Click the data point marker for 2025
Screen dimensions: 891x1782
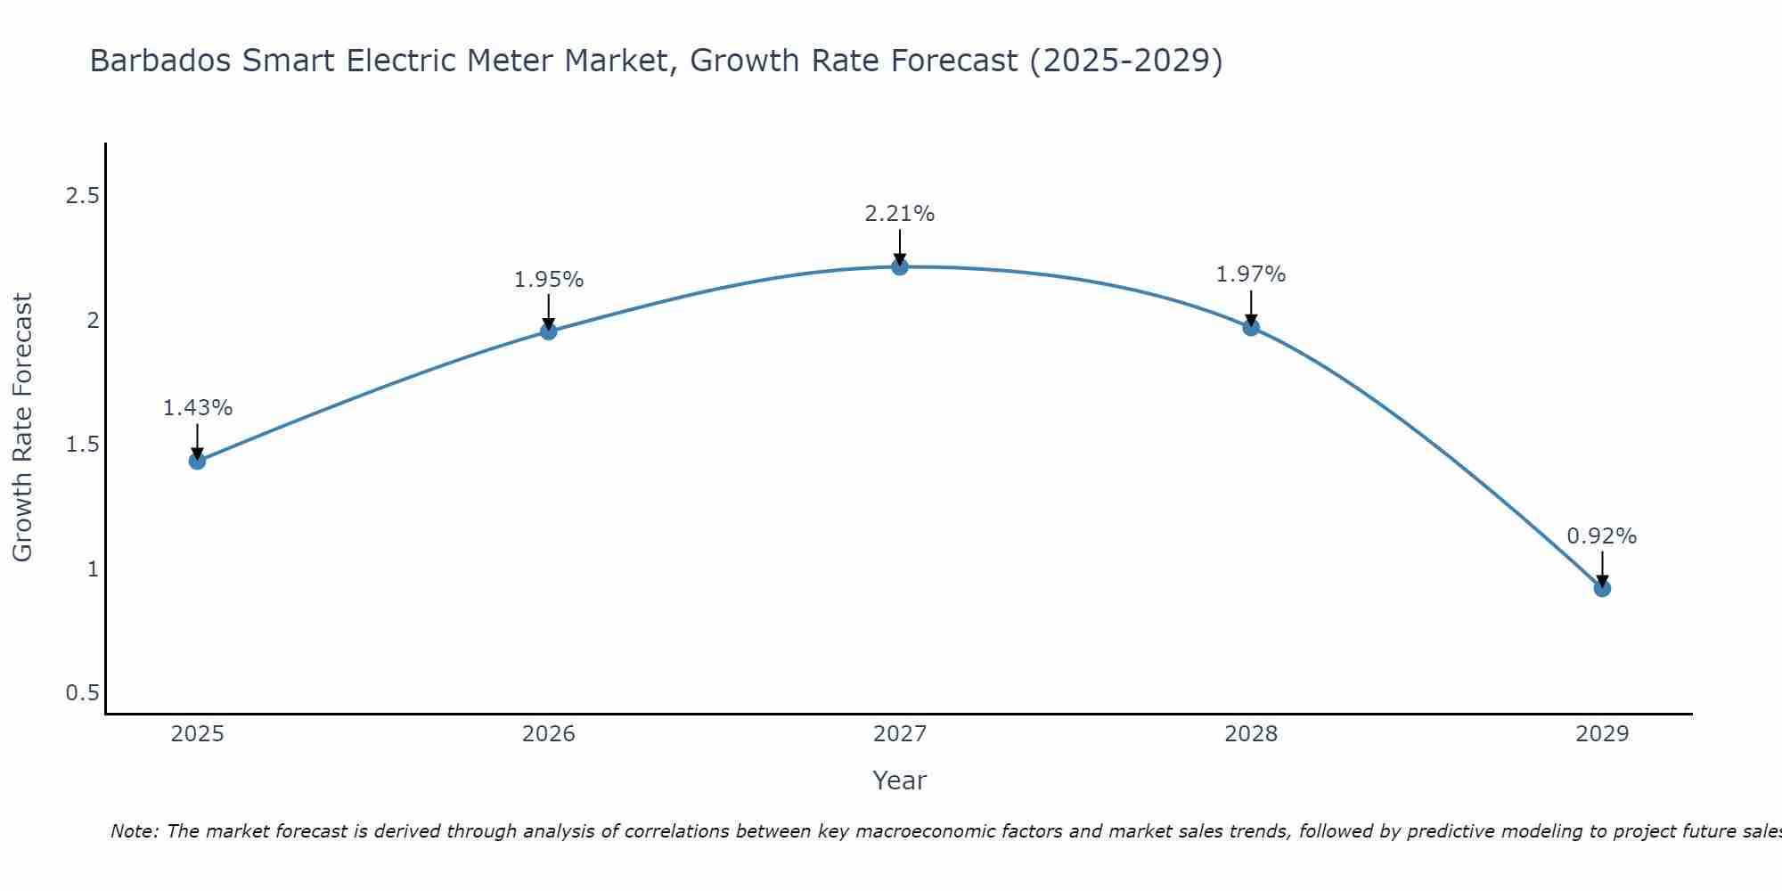pyautogui.click(x=198, y=461)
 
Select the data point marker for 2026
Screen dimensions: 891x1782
pyautogui.click(x=549, y=331)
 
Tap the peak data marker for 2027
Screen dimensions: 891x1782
pyautogui.click(x=900, y=266)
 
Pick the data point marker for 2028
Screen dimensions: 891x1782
pyautogui.click(x=1251, y=327)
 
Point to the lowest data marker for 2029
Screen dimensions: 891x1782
pyautogui.click(x=1602, y=588)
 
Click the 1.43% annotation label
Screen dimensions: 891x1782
pyautogui.click(x=198, y=408)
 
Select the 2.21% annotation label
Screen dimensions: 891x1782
pyautogui.click(x=900, y=214)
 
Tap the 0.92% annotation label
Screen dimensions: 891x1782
pyautogui.click(x=1602, y=536)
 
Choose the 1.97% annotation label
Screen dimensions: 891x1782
pyautogui.click(x=1251, y=274)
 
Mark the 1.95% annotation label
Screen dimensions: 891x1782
pyautogui.click(x=549, y=280)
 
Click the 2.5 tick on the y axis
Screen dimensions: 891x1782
pyautogui.click(x=82, y=196)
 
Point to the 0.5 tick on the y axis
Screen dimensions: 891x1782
pyautogui.click(x=82, y=693)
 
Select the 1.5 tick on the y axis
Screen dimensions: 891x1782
pyautogui.click(x=82, y=445)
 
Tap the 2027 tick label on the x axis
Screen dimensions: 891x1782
pyautogui.click(x=900, y=734)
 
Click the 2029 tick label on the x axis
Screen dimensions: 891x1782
pyautogui.click(x=1602, y=734)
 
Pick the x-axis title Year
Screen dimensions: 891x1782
pyautogui.click(x=900, y=781)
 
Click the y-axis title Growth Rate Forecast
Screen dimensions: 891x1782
pyautogui.click(x=22, y=428)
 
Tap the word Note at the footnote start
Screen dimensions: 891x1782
pyautogui.click(x=134, y=831)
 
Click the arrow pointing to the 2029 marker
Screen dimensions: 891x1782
pyautogui.click(x=1602, y=568)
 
